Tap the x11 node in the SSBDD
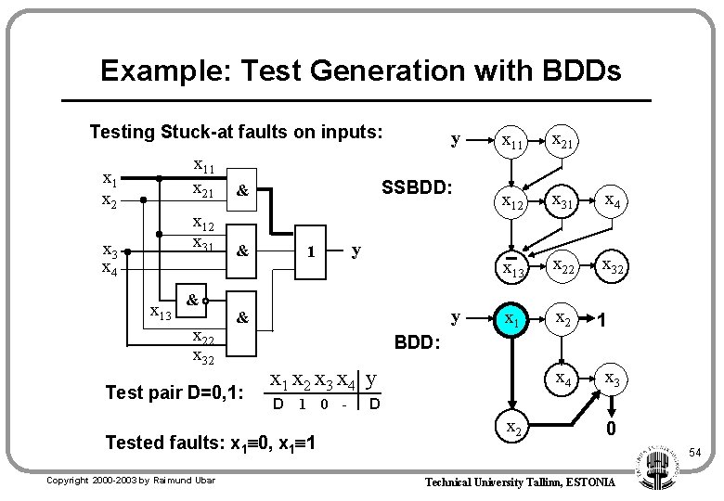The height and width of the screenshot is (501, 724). (512, 142)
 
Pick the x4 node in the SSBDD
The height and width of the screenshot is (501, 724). (614, 200)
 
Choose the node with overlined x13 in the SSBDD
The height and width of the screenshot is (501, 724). (512, 269)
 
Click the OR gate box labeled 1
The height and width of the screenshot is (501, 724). (313, 251)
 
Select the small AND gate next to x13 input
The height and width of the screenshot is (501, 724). (189, 301)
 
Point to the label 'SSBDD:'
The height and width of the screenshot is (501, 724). (417, 187)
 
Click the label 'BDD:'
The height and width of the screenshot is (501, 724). (417, 343)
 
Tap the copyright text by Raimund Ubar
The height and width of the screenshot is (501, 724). (131, 481)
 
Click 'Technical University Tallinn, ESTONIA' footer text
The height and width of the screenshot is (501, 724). (519, 482)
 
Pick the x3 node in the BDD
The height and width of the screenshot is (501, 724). (614, 379)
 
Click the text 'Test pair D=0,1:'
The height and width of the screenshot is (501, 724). (175, 392)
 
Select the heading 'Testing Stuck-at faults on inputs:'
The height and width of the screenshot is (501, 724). (236, 132)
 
